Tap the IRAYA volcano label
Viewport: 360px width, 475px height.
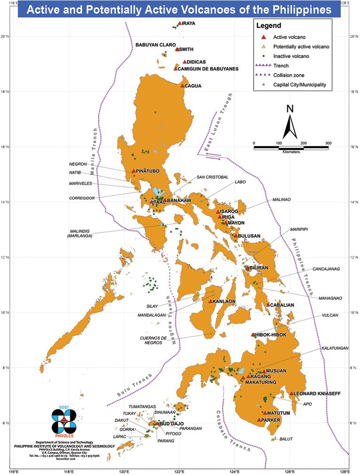pyautogui.click(x=188, y=23)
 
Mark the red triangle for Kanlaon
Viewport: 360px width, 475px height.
pyautogui.click(x=210, y=301)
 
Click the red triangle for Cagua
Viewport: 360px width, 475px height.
pyautogui.click(x=182, y=86)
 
